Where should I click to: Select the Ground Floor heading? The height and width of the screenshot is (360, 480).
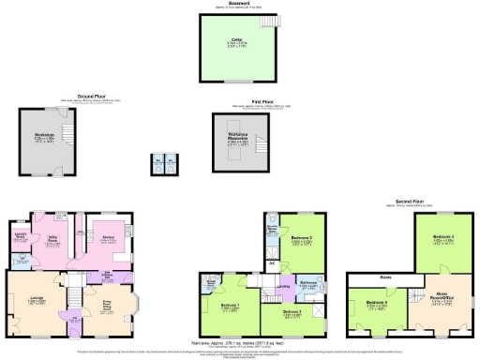click(x=90, y=95)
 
